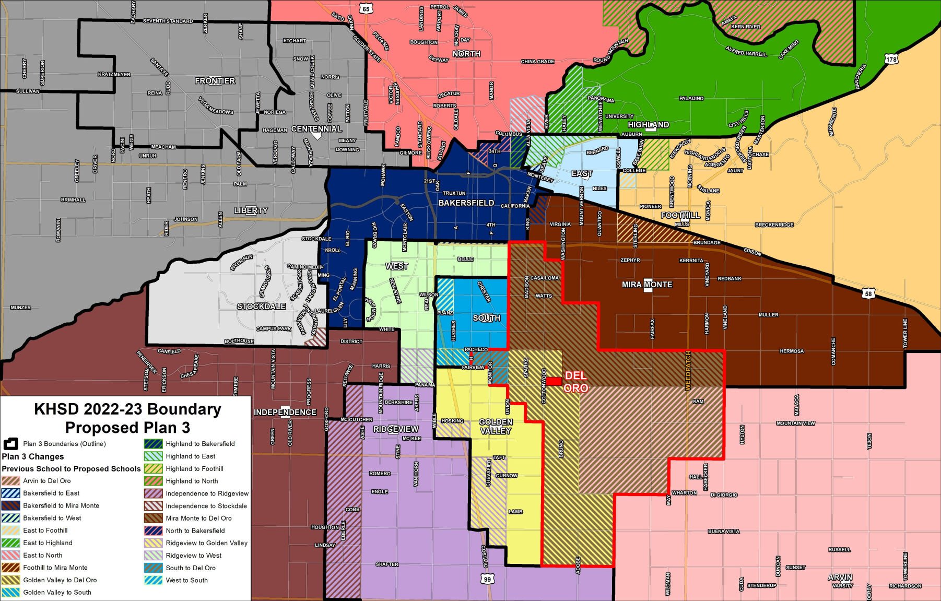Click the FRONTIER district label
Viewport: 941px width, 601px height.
click(215, 81)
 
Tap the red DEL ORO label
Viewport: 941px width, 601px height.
click(576, 382)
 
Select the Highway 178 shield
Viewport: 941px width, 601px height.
click(891, 60)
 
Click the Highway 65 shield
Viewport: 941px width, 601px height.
click(366, 9)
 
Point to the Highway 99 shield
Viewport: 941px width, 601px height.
click(487, 579)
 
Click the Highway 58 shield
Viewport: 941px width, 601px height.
click(868, 293)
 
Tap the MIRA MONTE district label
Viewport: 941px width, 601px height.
click(647, 285)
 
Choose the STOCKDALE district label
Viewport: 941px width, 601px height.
click(261, 307)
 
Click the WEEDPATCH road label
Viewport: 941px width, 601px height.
click(688, 371)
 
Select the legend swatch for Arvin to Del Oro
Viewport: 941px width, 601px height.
click(11, 481)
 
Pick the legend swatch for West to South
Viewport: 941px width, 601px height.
click(154, 580)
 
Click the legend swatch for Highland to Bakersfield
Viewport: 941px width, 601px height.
click(154, 444)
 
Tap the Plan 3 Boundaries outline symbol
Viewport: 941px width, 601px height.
click(11, 444)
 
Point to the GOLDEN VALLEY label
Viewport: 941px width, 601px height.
click(496, 426)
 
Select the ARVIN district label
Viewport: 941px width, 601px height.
click(840, 578)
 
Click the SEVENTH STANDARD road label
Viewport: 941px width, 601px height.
click(168, 21)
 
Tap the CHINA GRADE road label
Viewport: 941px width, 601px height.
click(537, 62)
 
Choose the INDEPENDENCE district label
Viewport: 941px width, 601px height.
click(285, 413)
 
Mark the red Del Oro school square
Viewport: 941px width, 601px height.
click(554, 381)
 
